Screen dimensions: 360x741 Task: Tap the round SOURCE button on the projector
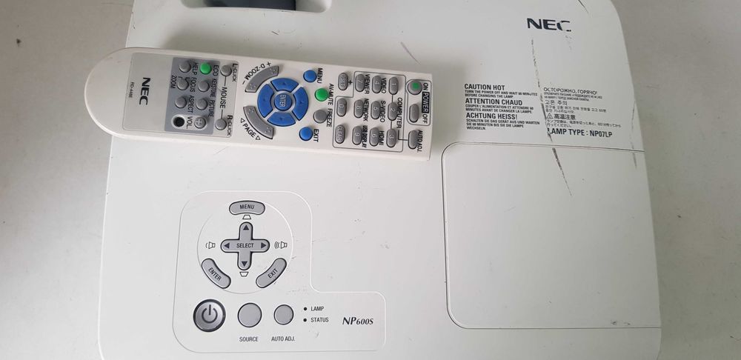pyautogui.click(x=249, y=316)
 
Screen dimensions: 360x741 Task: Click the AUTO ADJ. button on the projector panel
pyautogui.click(x=284, y=315)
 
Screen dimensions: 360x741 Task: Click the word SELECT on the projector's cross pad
pyautogui.click(x=245, y=245)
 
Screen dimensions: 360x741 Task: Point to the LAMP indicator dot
pyautogui.click(x=304, y=307)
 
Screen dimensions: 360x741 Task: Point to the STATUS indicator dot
pyautogui.click(x=304, y=319)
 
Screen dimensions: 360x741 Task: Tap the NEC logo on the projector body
pyautogui.click(x=548, y=24)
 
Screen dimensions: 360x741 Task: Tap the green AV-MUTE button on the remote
pyautogui.click(x=321, y=95)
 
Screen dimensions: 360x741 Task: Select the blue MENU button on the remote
pyautogui.click(x=309, y=75)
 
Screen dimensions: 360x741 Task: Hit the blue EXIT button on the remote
pyautogui.click(x=305, y=133)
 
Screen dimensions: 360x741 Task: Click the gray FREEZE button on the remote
pyautogui.click(x=320, y=116)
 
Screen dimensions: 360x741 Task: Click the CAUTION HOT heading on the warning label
pyautogui.click(x=485, y=87)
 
